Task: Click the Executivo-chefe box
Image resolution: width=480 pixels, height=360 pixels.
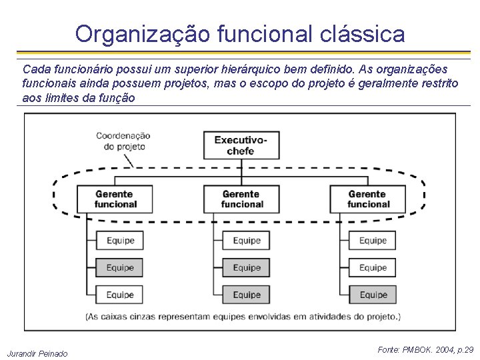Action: pyautogui.click(x=241, y=145)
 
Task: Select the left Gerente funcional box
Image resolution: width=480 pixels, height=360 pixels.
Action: pyautogui.click(x=115, y=199)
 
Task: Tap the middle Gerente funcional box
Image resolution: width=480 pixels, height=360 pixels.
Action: pyautogui.click(x=241, y=199)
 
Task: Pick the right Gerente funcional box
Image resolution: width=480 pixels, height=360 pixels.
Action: pyautogui.click(x=367, y=199)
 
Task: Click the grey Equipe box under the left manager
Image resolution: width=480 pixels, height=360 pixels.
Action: pyautogui.click(x=120, y=268)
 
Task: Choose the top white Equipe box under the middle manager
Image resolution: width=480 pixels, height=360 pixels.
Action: pyautogui.click(x=246, y=241)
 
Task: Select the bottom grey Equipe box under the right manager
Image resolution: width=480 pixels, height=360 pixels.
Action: pyautogui.click(x=373, y=295)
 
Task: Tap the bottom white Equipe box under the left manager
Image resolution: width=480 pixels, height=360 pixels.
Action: pyautogui.click(x=120, y=295)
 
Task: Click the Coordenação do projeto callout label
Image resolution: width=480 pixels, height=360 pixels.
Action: pyautogui.click(x=123, y=141)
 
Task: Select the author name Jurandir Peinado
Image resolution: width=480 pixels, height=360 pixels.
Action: pyautogui.click(x=37, y=353)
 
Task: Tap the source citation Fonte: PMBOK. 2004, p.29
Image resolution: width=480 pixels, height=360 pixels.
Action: pyautogui.click(x=425, y=349)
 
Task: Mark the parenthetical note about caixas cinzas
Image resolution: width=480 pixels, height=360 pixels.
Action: pyautogui.click(x=243, y=316)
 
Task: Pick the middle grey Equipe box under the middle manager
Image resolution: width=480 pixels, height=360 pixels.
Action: pyautogui.click(x=246, y=268)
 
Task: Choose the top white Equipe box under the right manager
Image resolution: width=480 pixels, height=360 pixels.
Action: pyautogui.click(x=373, y=241)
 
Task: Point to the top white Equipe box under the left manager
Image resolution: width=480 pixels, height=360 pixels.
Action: pyautogui.click(x=120, y=241)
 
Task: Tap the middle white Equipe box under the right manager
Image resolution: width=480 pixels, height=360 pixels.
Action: pyautogui.click(x=373, y=268)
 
